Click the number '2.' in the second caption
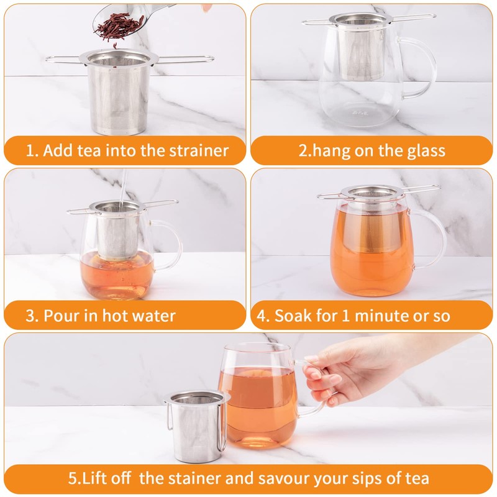[305, 150]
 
